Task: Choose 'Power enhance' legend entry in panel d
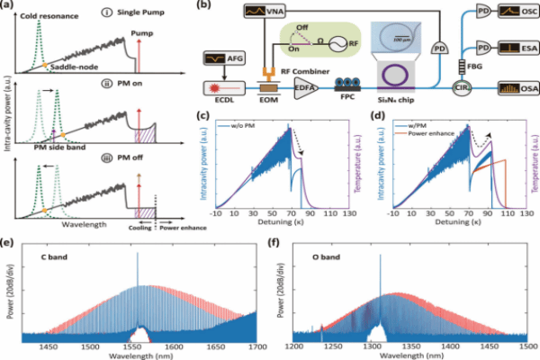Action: point(423,134)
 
